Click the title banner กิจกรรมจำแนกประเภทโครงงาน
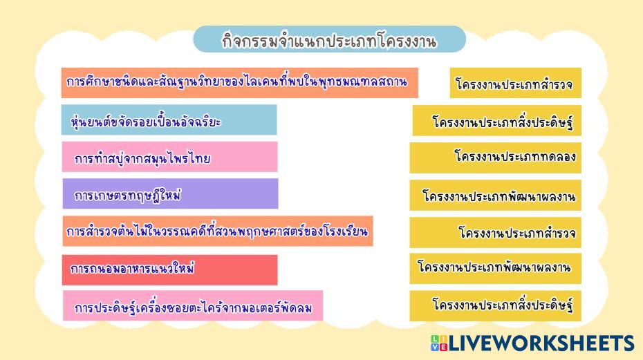[x=329, y=39]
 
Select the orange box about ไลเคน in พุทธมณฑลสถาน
[x=239, y=83]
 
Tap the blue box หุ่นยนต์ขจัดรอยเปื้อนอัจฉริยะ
[x=169, y=120]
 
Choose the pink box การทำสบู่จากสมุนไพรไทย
[x=170, y=157]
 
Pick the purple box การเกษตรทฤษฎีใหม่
[x=170, y=193]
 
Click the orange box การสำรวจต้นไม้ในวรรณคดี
[x=218, y=231]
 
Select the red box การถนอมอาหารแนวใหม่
[x=170, y=269]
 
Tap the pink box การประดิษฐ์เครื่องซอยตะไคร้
[x=193, y=306]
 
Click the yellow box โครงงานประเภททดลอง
[x=495, y=158]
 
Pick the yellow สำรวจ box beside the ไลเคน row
[x=516, y=83]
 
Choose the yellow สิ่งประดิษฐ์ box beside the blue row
[x=497, y=120]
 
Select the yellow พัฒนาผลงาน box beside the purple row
[x=495, y=195]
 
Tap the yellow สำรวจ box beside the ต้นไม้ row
[x=495, y=232]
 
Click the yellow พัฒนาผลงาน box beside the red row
[x=495, y=269]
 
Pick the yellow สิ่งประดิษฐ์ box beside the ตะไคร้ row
[x=495, y=306]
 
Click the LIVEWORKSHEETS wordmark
[x=541, y=343]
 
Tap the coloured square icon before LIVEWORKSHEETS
[x=439, y=343]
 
